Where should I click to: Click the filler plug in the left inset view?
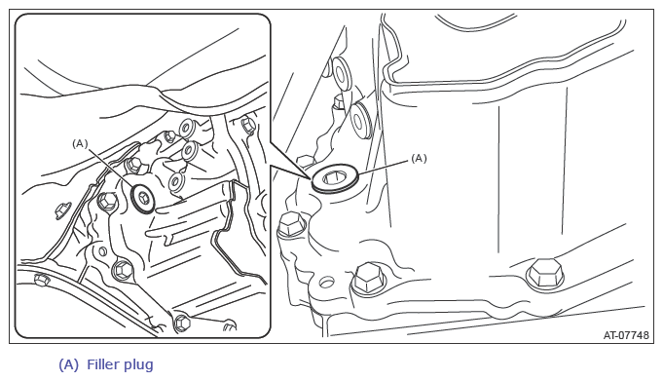pyautogui.click(x=143, y=197)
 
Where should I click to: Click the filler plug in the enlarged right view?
pyautogui.click(x=335, y=179)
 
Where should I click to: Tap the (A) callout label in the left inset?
pyautogui.click(x=80, y=144)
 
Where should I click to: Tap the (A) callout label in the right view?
pyautogui.click(x=419, y=158)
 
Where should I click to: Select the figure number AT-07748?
pyautogui.click(x=626, y=335)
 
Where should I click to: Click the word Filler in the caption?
pyautogui.click(x=102, y=364)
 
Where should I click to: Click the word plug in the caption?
pyautogui.click(x=137, y=364)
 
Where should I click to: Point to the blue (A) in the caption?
pyautogui.click(x=68, y=364)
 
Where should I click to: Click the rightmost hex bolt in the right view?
pyautogui.click(x=545, y=275)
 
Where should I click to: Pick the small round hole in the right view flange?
pyautogui.click(x=326, y=282)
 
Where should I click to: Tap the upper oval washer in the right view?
pyautogui.click(x=341, y=73)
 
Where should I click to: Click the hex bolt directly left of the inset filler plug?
pyautogui.click(x=107, y=202)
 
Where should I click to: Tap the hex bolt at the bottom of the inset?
pyautogui.click(x=182, y=324)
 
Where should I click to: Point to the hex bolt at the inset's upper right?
pyautogui.click(x=248, y=126)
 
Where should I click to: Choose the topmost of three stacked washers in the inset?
pyautogui.click(x=187, y=128)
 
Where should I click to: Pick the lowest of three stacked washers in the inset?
pyautogui.click(x=176, y=181)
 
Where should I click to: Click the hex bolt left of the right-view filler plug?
pyautogui.click(x=291, y=224)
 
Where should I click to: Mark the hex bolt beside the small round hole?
pyautogui.click(x=368, y=279)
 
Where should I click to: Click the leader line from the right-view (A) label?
pyautogui.click(x=384, y=167)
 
